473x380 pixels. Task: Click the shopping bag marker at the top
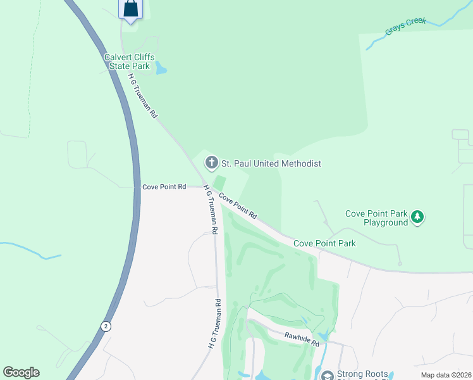[x=130, y=9]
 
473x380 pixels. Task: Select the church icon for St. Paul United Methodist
[x=211, y=163]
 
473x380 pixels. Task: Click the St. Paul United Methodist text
[x=271, y=164]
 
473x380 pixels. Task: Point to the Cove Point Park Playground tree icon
[x=417, y=218]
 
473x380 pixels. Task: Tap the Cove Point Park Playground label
[x=376, y=218]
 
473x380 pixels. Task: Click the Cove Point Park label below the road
[x=324, y=243]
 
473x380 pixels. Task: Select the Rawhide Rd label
[x=301, y=339]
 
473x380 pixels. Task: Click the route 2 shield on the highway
[x=106, y=326]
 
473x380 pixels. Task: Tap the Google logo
[x=21, y=372]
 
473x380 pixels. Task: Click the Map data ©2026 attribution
[x=445, y=375]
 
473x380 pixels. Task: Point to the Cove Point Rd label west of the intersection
[x=164, y=187]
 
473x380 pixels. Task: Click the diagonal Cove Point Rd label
[x=238, y=206]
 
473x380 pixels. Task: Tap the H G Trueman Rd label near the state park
[x=142, y=94]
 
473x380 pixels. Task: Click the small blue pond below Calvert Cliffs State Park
[x=161, y=68]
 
